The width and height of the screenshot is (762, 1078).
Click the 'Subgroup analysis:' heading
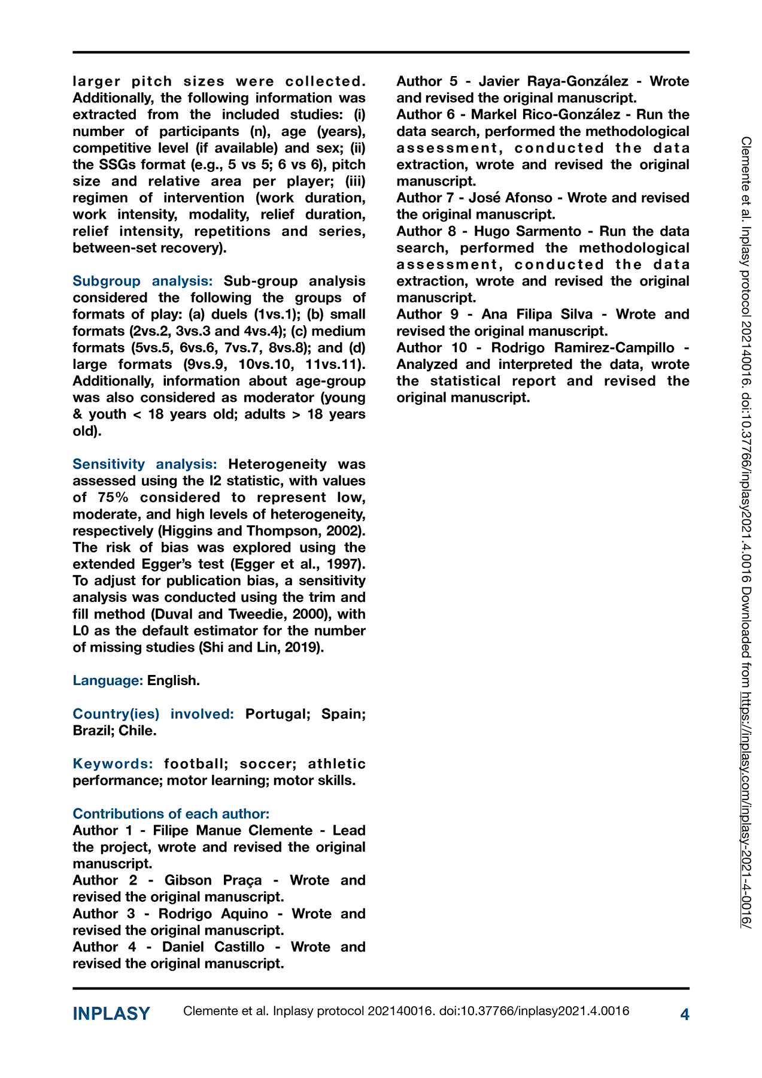142,281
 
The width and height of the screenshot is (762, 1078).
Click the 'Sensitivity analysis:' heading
144,464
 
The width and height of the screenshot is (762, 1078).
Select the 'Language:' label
108,680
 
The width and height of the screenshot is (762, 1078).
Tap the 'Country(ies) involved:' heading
153,714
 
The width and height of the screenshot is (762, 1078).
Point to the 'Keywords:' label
113,764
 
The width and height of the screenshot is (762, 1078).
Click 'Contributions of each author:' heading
171,814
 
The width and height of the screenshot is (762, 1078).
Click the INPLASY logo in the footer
111,1013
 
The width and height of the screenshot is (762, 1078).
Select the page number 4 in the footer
685,1014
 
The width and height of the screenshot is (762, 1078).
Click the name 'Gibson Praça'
213,880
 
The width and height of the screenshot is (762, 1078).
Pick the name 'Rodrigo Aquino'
213,914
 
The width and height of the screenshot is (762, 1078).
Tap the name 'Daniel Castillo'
213,947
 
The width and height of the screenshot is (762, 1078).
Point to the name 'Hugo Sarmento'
527,231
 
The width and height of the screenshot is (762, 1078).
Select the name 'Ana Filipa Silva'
537,314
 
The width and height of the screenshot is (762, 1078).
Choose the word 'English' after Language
172,680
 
